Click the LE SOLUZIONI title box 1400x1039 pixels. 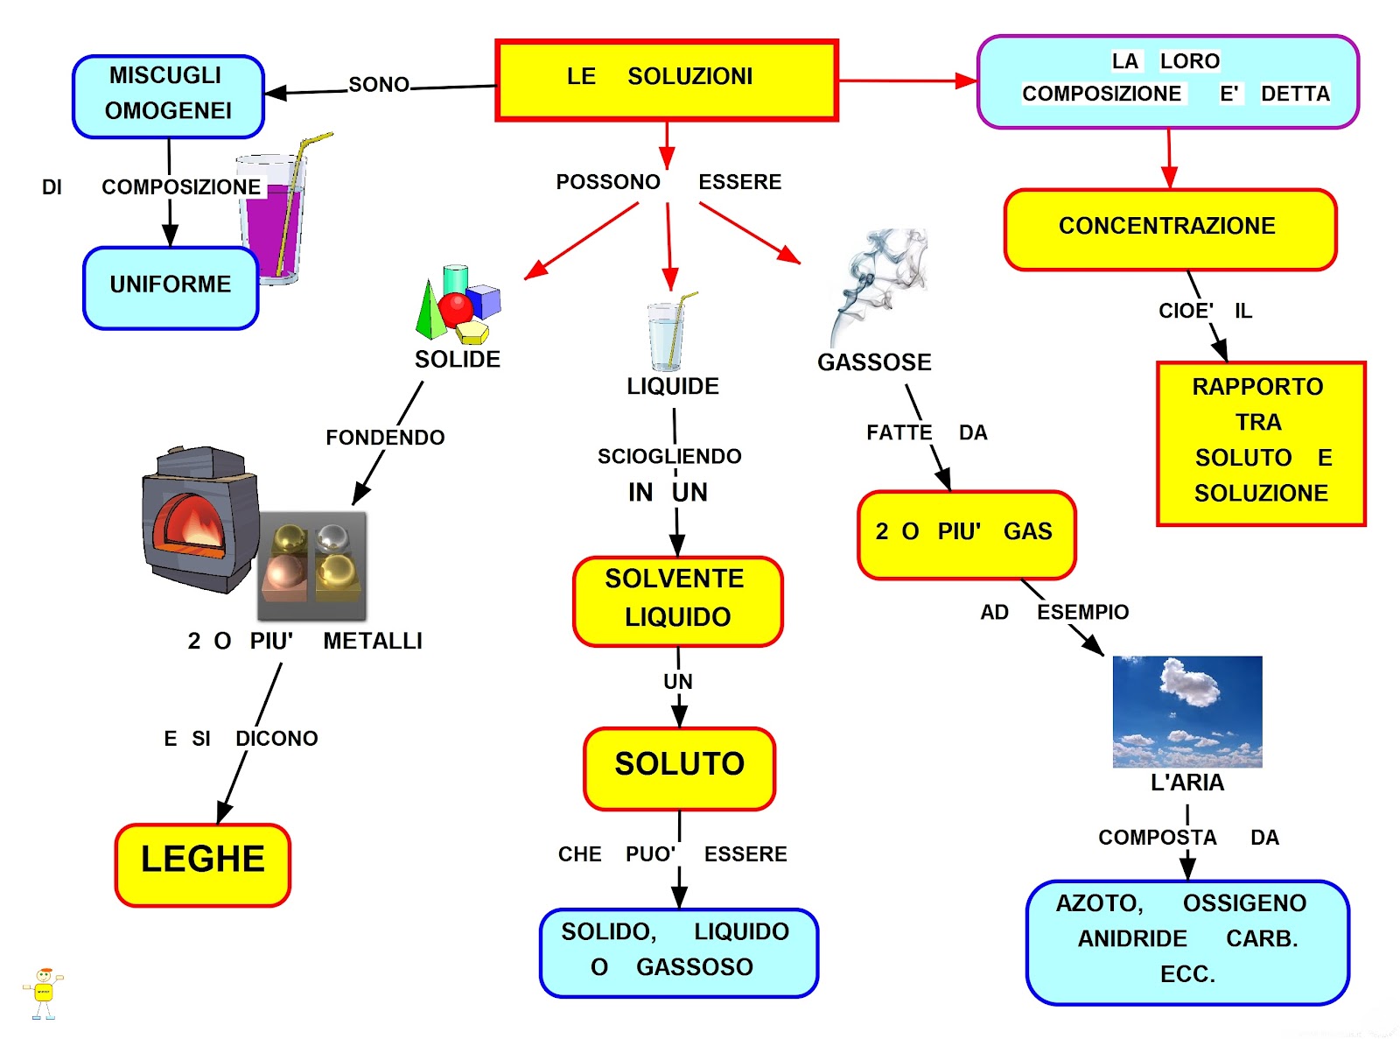coord(666,80)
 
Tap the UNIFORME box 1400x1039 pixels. coord(171,287)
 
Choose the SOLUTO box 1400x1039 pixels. coord(679,768)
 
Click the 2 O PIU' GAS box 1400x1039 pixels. coord(966,534)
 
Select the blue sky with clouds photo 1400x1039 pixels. coord(1187,711)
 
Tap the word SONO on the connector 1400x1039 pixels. coord(379,85)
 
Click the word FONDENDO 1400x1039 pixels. coord(385,438)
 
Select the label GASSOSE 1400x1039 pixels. coord(874,362)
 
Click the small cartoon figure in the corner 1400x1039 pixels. coord(43,993)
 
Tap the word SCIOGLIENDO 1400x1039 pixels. coord(669,456)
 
